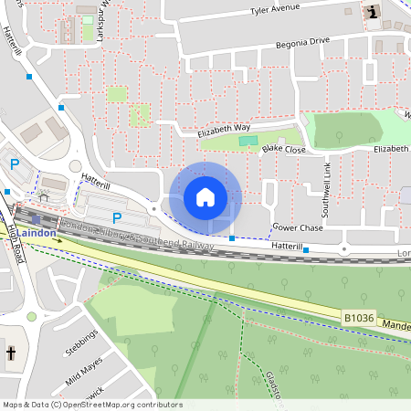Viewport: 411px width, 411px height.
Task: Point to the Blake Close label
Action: coord(283,148)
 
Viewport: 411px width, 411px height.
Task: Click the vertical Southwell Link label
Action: coord(326,182)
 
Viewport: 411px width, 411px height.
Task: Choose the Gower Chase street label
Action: coord(298,227)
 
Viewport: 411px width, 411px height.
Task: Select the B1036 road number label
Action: coord(359,317)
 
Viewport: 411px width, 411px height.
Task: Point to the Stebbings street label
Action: coord(81,350)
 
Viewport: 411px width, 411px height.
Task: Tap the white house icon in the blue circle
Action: coord(205,196)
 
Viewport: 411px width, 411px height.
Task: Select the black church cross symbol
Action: coord(12,353)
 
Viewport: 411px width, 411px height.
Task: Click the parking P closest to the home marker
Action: coord(116,217)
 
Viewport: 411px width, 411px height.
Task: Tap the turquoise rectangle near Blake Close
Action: coord(243,140)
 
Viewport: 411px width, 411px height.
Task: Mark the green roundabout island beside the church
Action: coord(31,317)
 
